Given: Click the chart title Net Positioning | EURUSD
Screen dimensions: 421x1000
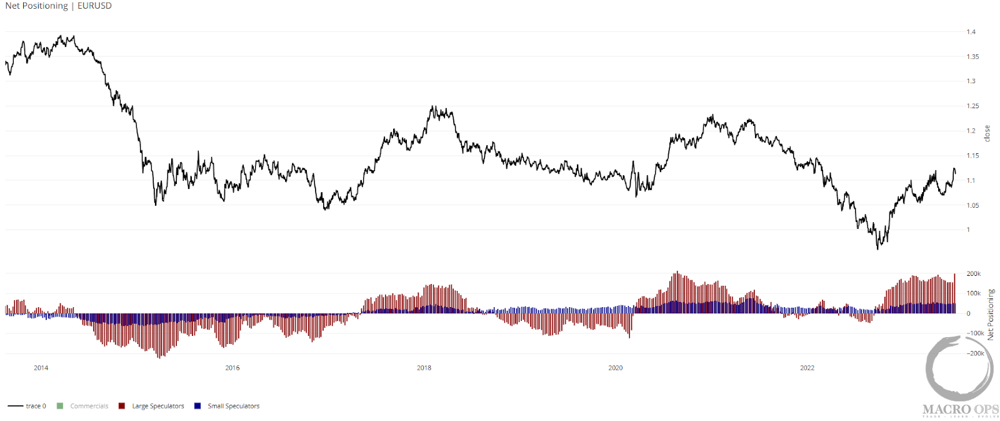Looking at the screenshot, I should [58, 6].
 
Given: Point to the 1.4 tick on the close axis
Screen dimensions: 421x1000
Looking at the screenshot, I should [971, 32].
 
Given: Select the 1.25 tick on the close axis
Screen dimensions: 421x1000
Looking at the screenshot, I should [972, 106].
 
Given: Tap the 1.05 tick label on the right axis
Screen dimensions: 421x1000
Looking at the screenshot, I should [972, 205].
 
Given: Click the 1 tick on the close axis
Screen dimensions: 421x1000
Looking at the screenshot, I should [968, 230].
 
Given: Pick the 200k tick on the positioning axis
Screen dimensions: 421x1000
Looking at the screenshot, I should [974, 274].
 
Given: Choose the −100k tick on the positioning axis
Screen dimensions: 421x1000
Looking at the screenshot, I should [976, 333].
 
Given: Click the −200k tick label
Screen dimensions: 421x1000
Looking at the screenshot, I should [976, 353].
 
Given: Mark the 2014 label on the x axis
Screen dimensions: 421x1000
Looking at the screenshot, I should [41, 368].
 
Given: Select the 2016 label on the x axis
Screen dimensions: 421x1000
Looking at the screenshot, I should [232, 368].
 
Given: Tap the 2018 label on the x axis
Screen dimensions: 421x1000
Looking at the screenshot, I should [424, 368].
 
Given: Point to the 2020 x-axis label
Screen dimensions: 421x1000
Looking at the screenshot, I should [616, 368].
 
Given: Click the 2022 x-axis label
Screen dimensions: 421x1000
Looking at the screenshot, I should [807, 368].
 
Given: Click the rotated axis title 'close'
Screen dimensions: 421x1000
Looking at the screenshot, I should [987, 133].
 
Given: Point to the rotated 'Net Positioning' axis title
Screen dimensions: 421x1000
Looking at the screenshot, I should [991, 314].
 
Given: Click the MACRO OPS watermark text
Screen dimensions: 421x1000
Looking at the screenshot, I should [961, 410].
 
